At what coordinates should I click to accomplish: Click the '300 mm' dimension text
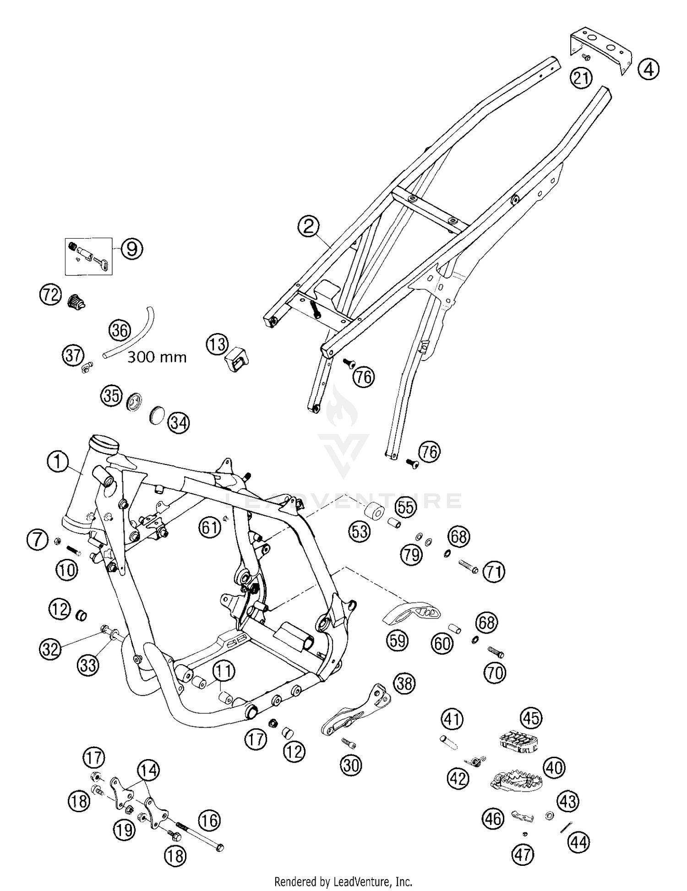pyautogui.click(x=157, y=357)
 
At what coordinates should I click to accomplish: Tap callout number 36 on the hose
pyautogui.click(x=120, y=330)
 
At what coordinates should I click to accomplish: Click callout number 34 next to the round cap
pyautogui.click(x=179, y=423)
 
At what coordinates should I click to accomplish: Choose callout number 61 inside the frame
pyautogui.click(x=210, y=528)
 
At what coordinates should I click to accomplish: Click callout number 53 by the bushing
pyautogui.click(x=360, y=531)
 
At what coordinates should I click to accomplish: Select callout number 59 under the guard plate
pyautogui.click(x=397, y=640)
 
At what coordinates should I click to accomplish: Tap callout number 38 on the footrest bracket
pyautogui.click(x=404, y=683)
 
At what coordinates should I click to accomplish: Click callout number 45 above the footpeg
pyautogui.click(x=531, y=719)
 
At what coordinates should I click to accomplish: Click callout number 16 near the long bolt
pyautogui.click(x=209, y=820)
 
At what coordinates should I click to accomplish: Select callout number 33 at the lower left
pyautogui.click(x=88, y=664)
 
